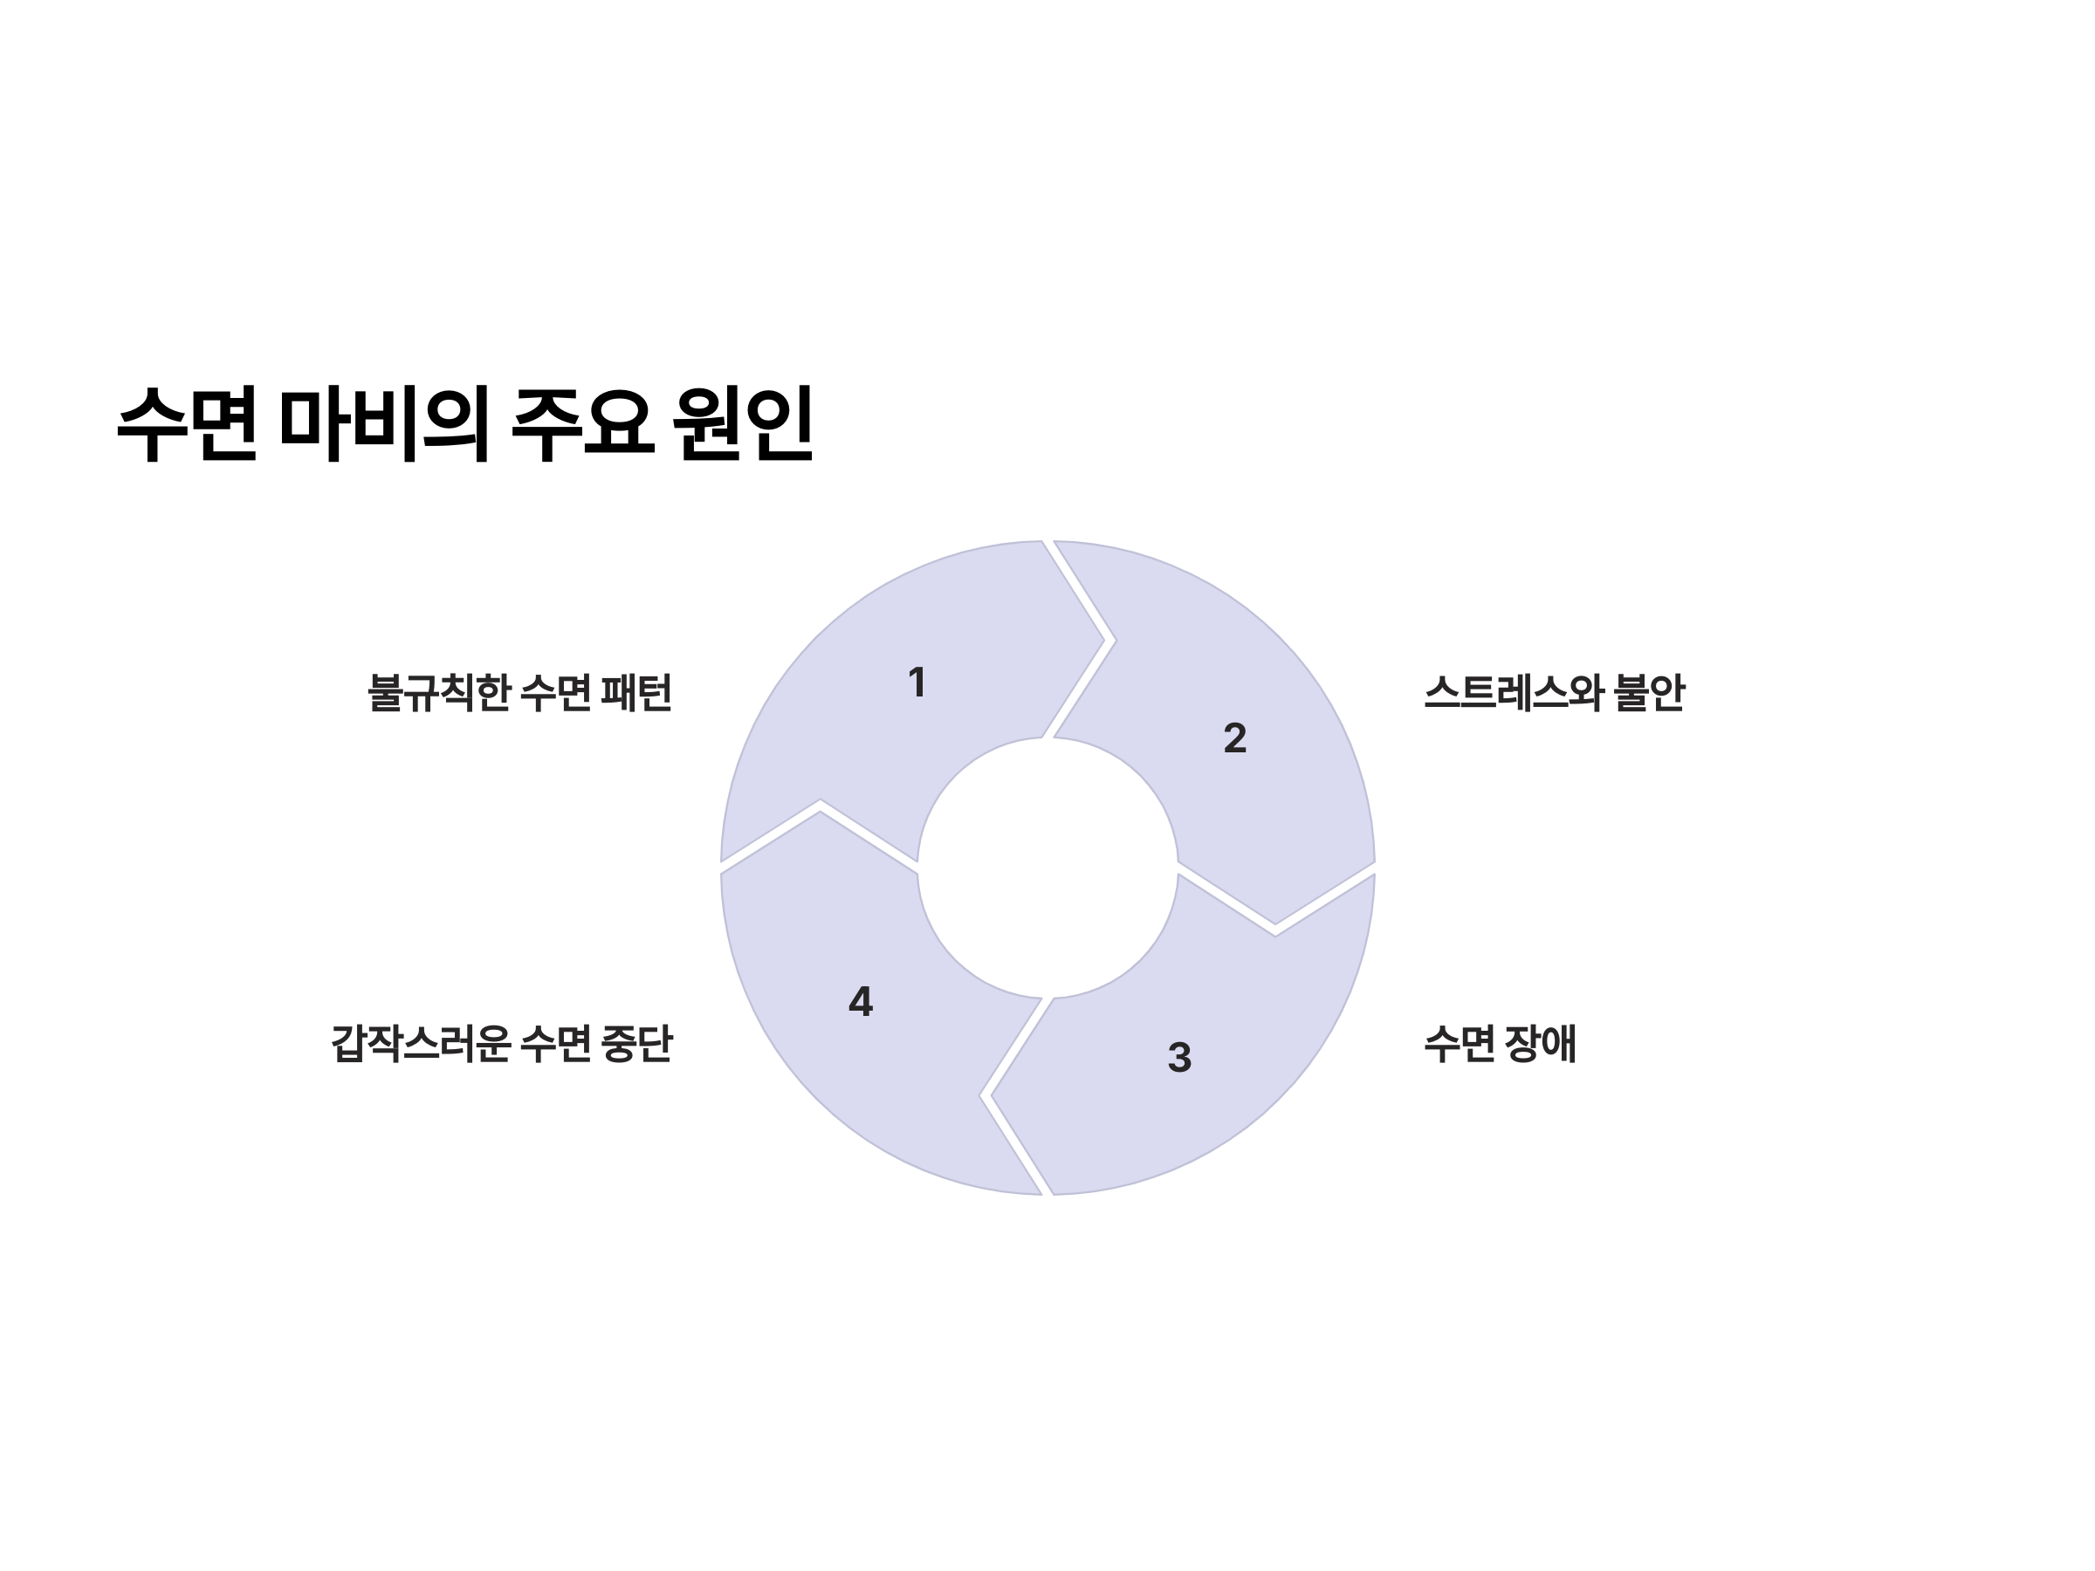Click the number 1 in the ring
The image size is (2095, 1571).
pos(916,683)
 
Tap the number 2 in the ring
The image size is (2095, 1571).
pos(1234,738)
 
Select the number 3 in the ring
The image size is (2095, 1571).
pos(1178,1058)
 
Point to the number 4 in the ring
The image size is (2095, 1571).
pos(860,1002)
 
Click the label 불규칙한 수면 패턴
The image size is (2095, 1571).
pos(519,692)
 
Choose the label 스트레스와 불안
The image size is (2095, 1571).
pos(1553,692)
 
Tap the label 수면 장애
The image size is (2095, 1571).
pos(1500,1044)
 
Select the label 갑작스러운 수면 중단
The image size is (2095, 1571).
pos(501,1044)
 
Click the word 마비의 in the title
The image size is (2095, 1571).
pos(383,422)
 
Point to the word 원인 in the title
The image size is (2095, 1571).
pos(744,422)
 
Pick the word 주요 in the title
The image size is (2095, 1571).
pos(582,422)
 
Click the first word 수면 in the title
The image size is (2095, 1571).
pos(188,422)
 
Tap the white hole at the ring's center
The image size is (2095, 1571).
pos(1047,868)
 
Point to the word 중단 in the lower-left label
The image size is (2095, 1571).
pos(636,1044)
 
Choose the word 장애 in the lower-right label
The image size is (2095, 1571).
pos(1540,1044)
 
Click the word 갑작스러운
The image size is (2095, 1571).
pos(421,1044)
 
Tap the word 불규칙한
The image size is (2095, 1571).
pos(438,692)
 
